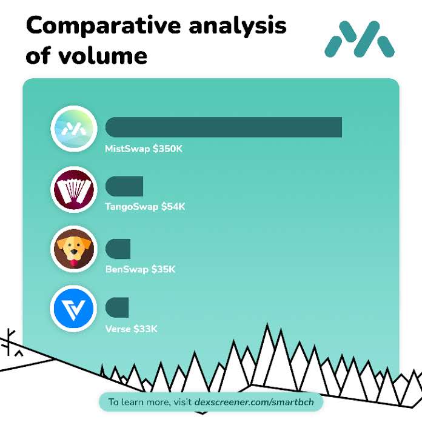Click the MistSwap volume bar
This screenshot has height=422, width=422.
click(x=224, y=127)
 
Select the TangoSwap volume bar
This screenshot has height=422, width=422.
click(x=124, y=187)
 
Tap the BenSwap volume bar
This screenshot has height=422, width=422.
click(x=118, y=249)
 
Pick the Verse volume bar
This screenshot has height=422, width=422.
click(x=117, y=307)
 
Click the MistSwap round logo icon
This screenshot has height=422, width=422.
click(x=73, y=128)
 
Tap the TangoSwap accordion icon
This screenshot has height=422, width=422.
click(x=73, y=189)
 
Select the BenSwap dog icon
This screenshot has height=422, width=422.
click(x=73, y=249)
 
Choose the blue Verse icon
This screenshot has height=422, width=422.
click(x=73, y=309)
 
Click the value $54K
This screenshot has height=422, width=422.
click(x=173, y=207)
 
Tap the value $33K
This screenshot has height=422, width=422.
click(x=146, y=329)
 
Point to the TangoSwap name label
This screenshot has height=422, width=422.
click(x=132, y=207)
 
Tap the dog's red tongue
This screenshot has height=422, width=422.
click(x=73, y=263)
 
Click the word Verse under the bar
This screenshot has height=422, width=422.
click(x=118, y=329)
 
